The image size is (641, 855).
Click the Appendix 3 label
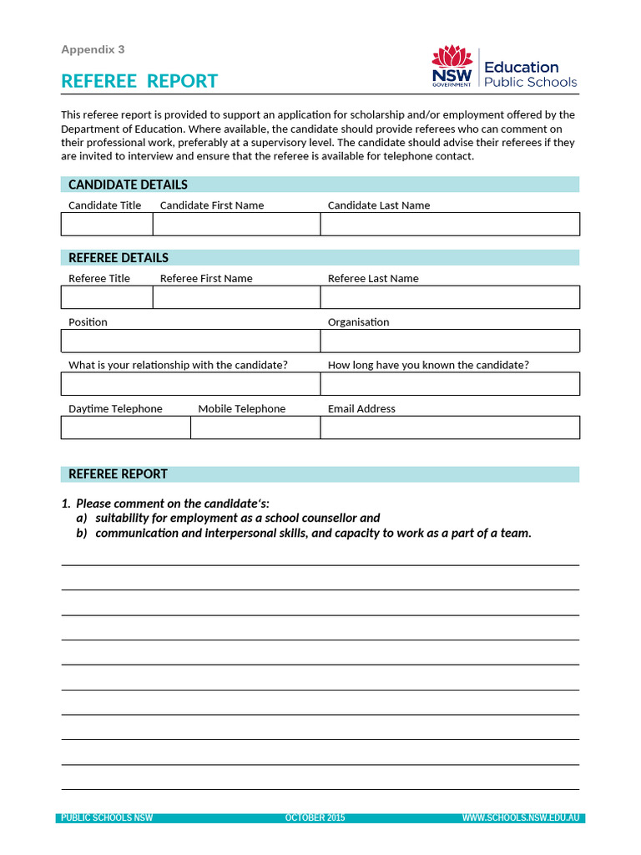click(x=93, y=49)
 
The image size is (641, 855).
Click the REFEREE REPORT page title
click(x=139, y=81)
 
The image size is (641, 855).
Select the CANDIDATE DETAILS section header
click(x=128, y=185)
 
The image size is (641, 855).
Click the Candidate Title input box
click(x=107, y=224)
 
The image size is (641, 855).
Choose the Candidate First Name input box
click(x=236, y=224)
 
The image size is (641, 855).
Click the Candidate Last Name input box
click(x=450, y=224)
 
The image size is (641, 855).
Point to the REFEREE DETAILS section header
click(x=119, y=258)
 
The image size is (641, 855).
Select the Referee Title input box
click(x=107, y=297)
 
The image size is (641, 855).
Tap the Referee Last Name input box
click(x=450, y=297)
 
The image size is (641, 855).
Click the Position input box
click(x=190, y=341)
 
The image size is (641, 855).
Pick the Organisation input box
click(x=450, y=341)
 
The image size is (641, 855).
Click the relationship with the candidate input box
click(x=190, y=384)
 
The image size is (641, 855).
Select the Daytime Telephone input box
click(x=125, y=427)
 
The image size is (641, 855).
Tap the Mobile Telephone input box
click(x=255, y=427)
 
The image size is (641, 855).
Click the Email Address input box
click(x=450, y=427)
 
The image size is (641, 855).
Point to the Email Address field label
click(x=361, y=409)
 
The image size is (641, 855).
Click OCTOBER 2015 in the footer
click(x=315, y=818)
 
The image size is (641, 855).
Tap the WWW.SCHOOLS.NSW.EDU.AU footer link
click(x=521, y=818)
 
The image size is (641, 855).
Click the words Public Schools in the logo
click(x=531, y=82)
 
